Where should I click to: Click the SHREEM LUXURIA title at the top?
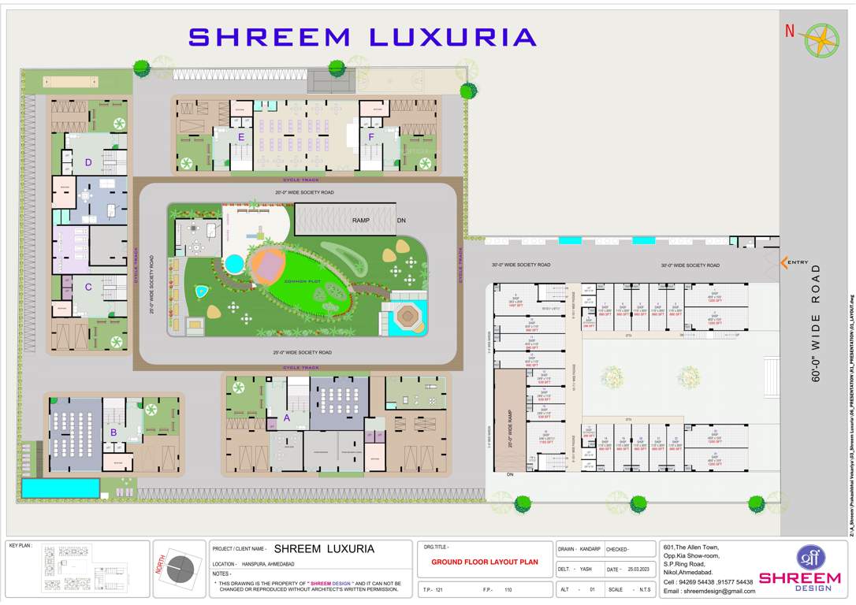point(363,37)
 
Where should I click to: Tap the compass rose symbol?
point(822,40)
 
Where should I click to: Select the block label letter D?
point(88,163)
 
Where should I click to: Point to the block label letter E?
point(241,137)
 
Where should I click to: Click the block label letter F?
point(370,137)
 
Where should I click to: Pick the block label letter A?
point(287,418)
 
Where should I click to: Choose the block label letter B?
point(114,431)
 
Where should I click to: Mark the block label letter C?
point(88,287)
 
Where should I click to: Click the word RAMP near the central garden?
point(361,221)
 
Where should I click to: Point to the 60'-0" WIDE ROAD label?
point(816,323)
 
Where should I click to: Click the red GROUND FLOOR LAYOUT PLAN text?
point(485,562)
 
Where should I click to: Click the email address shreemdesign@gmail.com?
point(709,591)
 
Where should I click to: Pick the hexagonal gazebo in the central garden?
point(408,317)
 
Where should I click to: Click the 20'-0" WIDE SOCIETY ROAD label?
point(303,192)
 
